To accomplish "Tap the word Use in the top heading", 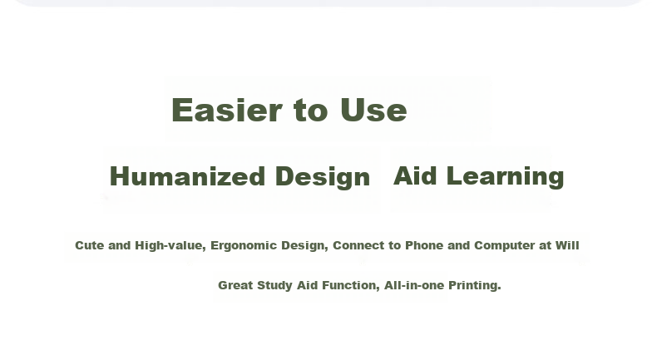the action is click(x=373, y=110).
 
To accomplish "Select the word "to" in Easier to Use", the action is click(x=310, y=111).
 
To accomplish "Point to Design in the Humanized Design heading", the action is click(x=323, y=177).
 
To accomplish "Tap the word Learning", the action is click(x=506, y=176).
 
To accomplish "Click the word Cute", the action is click(x=89, y=245).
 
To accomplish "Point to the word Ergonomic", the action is click(x=244, y=246).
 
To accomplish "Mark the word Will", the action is click(x=567, y=245).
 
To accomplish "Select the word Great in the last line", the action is click(x=235, y=285).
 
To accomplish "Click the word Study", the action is click(x=275, y=286).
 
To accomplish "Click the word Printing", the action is click(x=475, y=286).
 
